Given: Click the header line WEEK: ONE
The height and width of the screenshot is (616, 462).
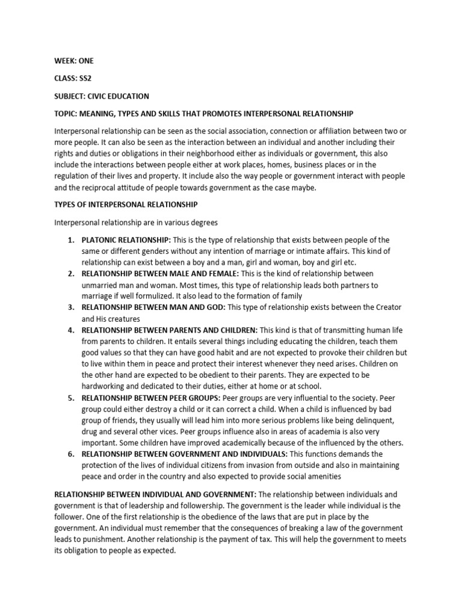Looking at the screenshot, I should [74, 61].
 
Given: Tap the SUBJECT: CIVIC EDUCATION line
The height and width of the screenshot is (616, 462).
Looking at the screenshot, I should [102, 96].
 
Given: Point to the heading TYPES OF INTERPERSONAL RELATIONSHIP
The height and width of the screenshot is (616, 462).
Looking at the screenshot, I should [126, 205].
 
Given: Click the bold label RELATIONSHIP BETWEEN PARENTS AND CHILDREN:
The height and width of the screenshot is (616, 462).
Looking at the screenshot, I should [170, 330].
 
